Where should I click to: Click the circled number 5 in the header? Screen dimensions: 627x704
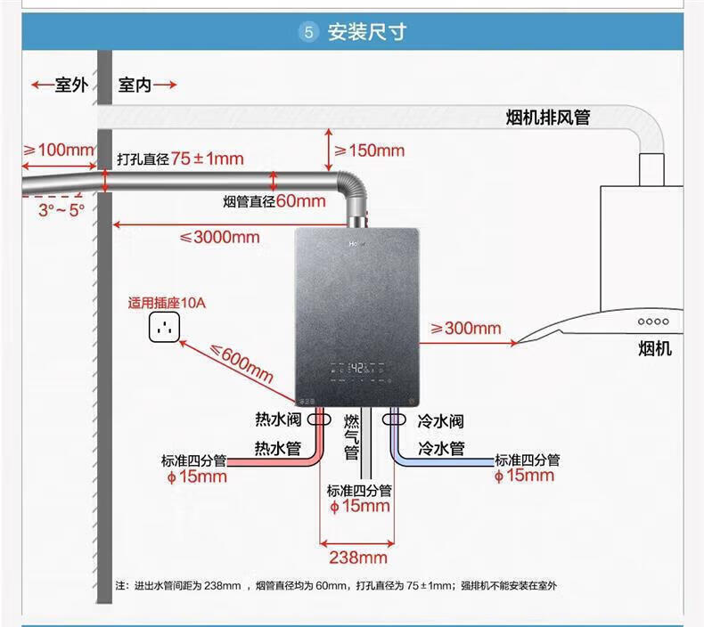308,33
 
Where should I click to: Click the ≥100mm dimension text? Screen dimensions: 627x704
59,150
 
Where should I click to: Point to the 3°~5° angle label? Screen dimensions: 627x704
61,209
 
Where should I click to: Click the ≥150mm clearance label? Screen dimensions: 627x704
368,150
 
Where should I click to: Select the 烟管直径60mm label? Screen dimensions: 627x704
274,201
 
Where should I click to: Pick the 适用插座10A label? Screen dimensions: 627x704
168,303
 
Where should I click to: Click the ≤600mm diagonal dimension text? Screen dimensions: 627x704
241,362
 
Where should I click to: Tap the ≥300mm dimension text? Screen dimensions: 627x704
465,329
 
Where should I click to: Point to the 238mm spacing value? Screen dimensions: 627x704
358,558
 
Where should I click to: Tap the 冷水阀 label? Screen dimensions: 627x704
440,421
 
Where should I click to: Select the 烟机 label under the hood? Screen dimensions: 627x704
655,349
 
